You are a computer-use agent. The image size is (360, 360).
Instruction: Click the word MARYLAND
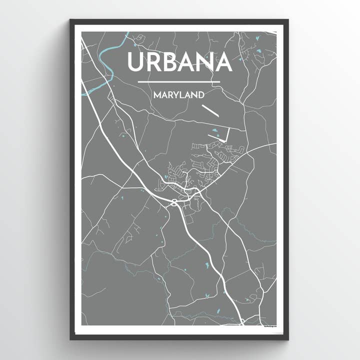[x=178, y=94]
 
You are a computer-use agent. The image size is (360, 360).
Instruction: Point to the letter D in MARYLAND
[x=199, y=94]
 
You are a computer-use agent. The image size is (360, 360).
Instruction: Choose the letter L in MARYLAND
[x=181, y=94]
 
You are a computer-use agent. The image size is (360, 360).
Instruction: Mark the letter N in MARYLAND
[x=193, y=94]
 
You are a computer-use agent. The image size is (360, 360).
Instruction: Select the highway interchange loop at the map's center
[x=173, y=202]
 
